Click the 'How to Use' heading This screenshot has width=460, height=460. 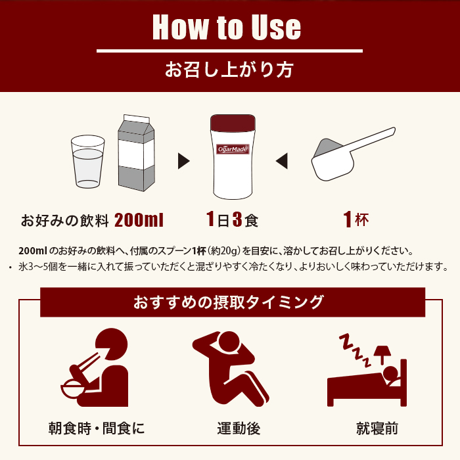227,27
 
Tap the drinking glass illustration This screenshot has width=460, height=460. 87,162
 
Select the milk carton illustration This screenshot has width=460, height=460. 135,154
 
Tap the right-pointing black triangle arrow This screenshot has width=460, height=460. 184,160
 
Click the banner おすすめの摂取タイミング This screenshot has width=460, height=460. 229,302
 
